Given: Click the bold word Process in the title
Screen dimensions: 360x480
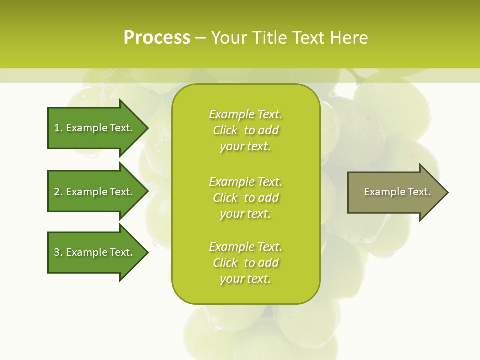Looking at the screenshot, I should (x=157, y=38).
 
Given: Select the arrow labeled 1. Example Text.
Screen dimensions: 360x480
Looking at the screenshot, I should (x=93, y=128).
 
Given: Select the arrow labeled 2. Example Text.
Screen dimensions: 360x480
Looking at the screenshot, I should (x=93, y=192).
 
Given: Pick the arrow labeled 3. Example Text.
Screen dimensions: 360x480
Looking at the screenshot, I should (x=93, y=252).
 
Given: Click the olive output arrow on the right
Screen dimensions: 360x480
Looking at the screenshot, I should (x=395, y=192).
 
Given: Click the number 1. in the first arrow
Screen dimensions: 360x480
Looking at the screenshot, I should (x=58, y=128).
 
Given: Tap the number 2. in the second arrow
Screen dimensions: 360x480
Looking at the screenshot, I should (x=58, y=192).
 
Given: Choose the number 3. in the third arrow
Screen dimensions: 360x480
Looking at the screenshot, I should (x=58, y=252).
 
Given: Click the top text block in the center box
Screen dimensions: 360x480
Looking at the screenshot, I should (x=245, y=130).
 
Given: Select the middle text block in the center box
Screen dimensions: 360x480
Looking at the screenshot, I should (x=245, y=197).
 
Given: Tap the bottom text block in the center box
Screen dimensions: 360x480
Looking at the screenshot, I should (x=245, y=263).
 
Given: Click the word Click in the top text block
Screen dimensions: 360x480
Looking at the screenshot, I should (x=225, y=130).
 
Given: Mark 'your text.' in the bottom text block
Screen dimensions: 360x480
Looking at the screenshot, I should (x=245, y=279).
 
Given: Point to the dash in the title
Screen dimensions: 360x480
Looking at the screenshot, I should (x=200, y=38).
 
